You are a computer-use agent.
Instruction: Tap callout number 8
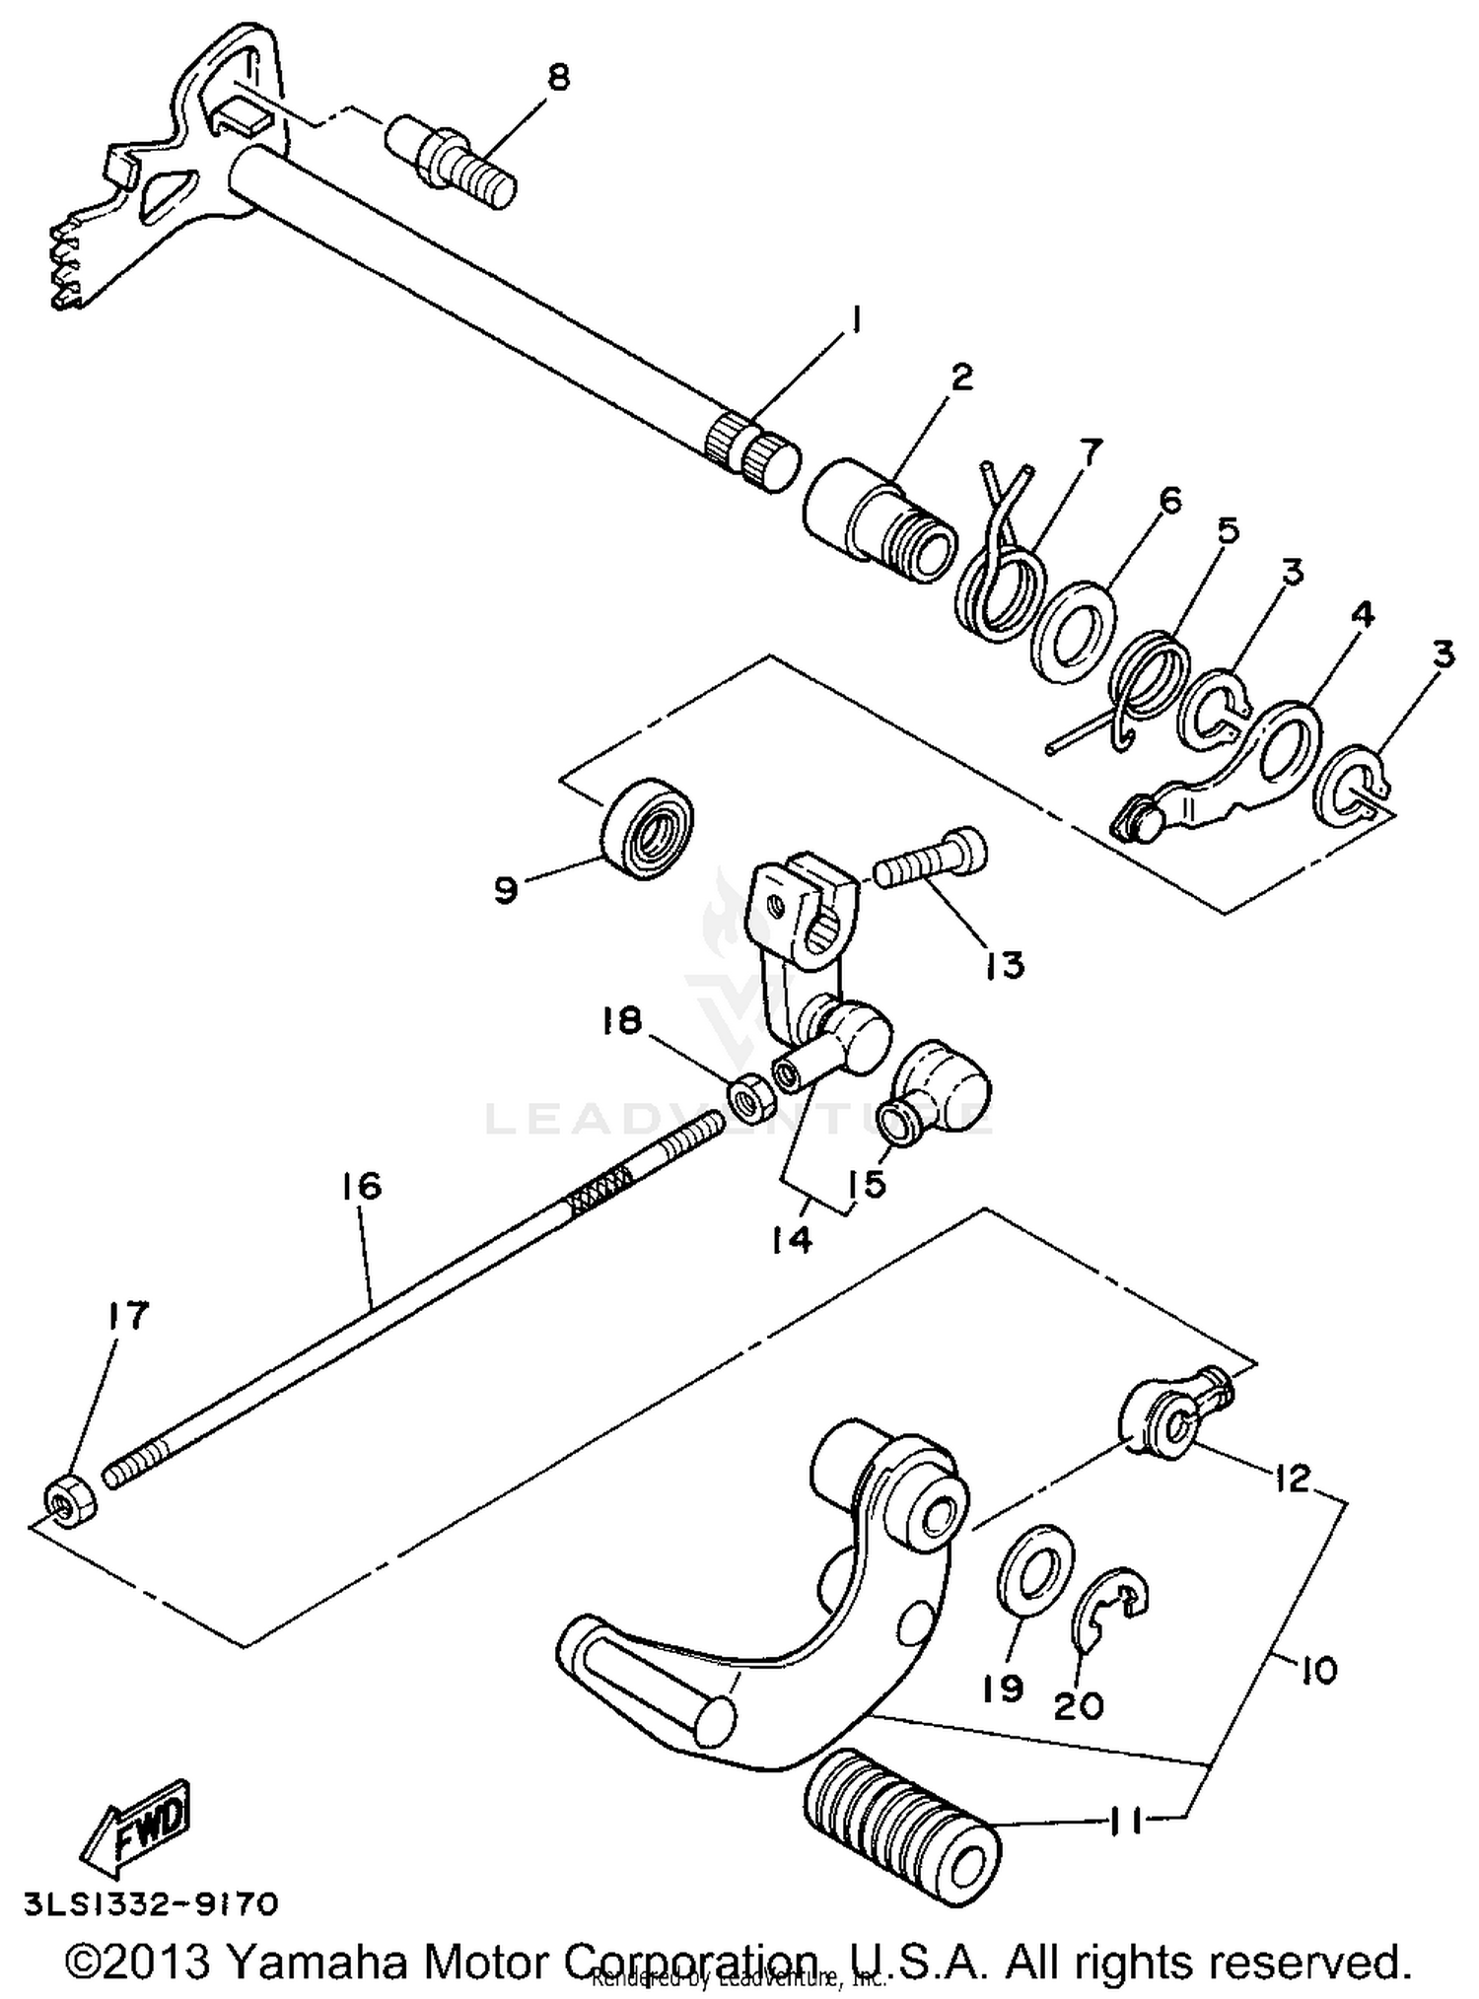[x=558, y=77]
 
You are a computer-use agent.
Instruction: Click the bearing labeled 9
[x=647, y=824]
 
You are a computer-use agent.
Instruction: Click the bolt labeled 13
[x=932, y=862]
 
